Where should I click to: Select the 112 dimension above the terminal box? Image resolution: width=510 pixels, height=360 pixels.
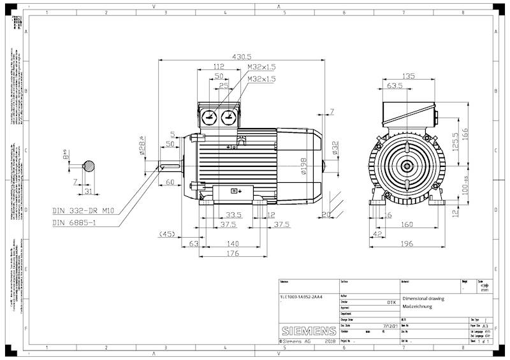pyautogui.click(x=219, y=66)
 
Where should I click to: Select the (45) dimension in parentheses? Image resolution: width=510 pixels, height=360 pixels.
pyautogui.click(x=168, y=234)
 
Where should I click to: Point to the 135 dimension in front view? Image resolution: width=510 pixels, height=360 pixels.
pyautogui.click(x=407, y=76)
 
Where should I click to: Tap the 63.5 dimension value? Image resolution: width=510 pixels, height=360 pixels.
pyautogui.click(x=395, y=85)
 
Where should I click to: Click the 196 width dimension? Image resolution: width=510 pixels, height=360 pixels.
pyautogui.click(x=406, y=243)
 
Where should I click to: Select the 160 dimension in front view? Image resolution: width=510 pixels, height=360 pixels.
pyautogui.click(x=406, y=224)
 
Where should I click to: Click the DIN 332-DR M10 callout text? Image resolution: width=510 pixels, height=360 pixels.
pyautogui.click(x=83, y=210)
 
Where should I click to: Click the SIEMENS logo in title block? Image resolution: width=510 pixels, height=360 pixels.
pyautogui.click(x=308, y=331)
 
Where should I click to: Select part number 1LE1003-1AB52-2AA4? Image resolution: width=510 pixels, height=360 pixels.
pyautogui.click(x=301, y=297)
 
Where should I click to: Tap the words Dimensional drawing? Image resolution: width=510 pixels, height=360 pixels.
pyautogui.click(x=423, y=298)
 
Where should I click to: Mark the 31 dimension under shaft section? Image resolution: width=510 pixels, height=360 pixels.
pyautogui.click(x=89, y=191)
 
